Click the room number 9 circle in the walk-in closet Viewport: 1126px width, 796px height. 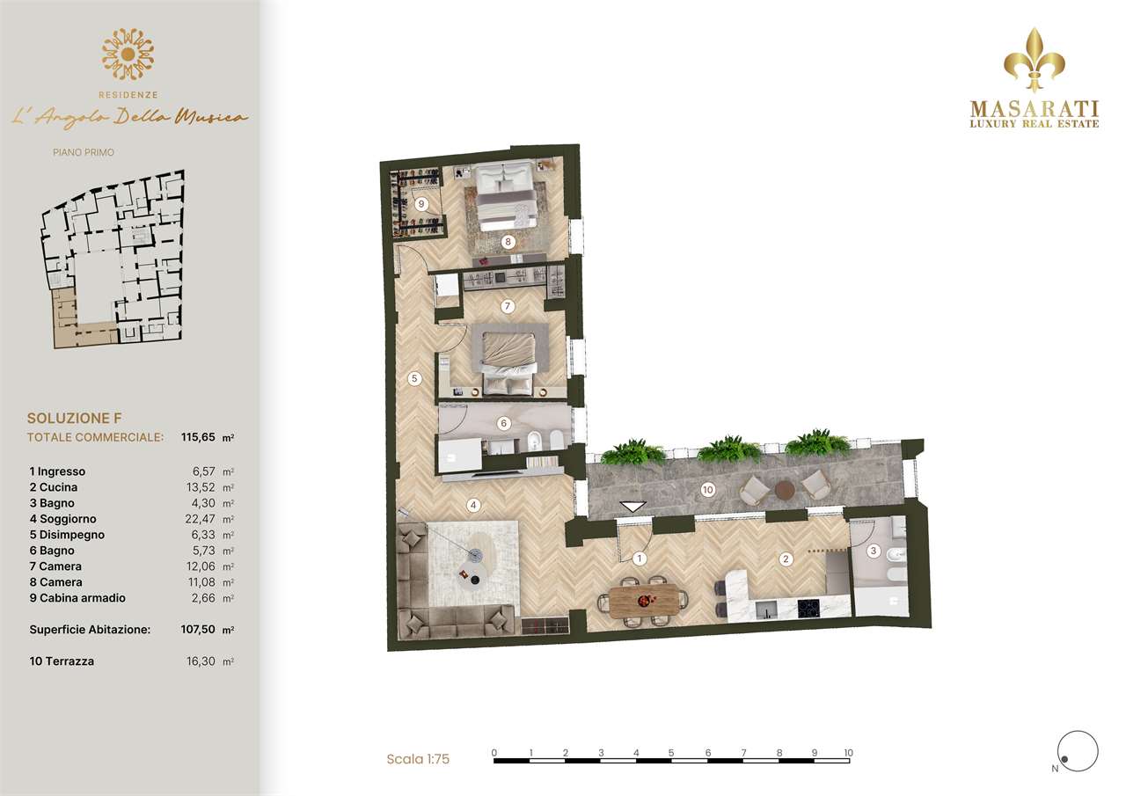click(421, 204)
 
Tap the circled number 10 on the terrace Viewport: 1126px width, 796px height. click(708, 489)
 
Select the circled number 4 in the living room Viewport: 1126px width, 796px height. click(473, 506)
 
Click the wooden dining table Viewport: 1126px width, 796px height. click(643, 601)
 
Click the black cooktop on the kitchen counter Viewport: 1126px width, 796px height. click(808, 609)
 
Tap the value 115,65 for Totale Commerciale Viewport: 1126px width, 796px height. click(198, 437)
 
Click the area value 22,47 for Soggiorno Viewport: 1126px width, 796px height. click(200, 519)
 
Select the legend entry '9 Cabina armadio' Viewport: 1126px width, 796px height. click(77, 598)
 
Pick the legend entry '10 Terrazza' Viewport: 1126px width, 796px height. click(62, 661)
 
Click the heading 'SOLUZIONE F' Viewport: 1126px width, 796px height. click(75, 418)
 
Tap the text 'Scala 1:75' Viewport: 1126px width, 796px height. click(418, 759)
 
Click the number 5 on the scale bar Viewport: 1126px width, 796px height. click(671, 753)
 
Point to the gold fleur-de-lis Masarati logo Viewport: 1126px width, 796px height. click(1034, 61)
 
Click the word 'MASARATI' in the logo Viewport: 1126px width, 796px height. click(1034, 109)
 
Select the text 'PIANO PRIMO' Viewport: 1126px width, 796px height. click(84, 152)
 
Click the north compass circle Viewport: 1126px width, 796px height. click(1078, 751)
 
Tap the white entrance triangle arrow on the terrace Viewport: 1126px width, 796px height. click(632, 507)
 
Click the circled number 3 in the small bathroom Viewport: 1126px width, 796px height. click(874, 551)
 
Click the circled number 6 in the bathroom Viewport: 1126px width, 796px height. click(504, 424)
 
